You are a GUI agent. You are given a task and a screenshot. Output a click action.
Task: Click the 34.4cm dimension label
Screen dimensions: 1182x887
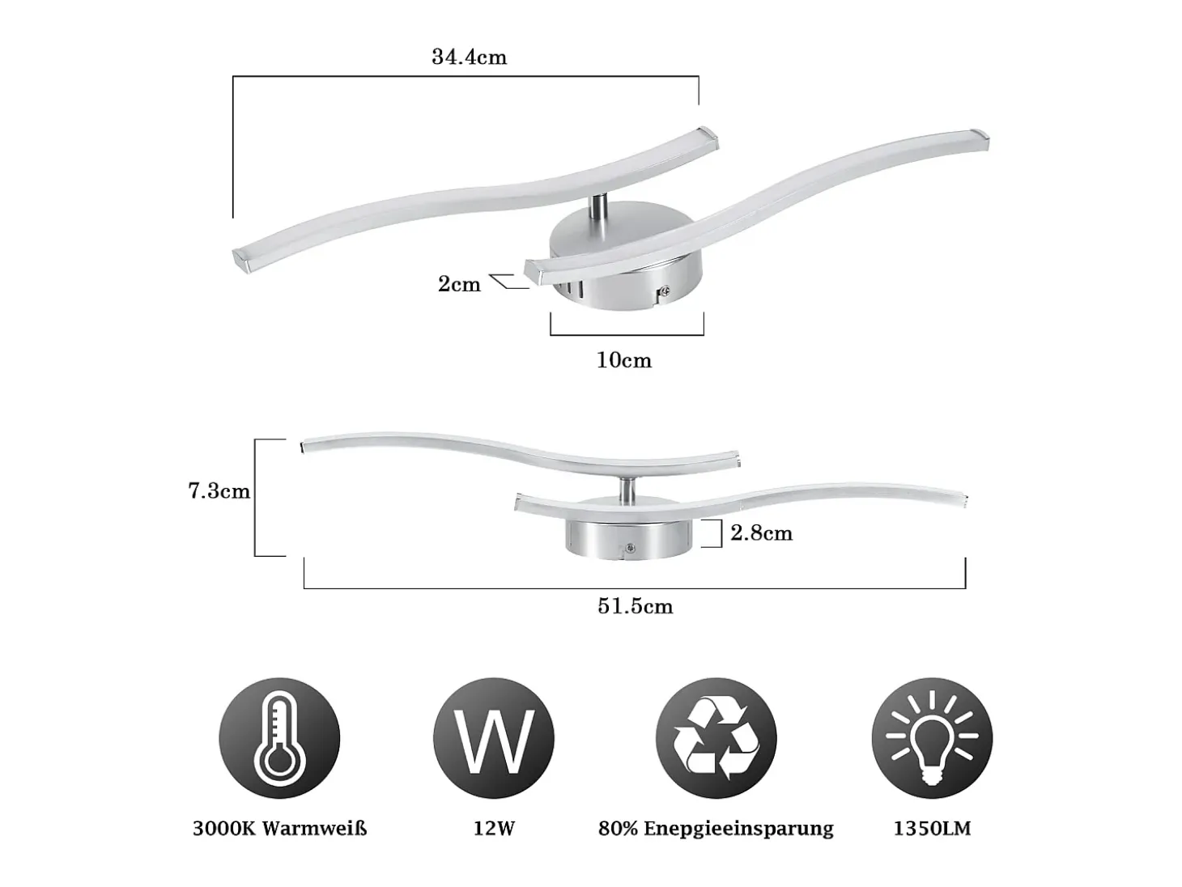[469, 57]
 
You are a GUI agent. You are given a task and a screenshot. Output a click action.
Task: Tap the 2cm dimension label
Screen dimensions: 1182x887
[459, 283]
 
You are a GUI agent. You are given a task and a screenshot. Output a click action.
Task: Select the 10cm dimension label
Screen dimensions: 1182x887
[624, 360]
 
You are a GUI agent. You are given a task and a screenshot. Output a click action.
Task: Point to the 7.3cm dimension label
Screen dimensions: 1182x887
[219, 491]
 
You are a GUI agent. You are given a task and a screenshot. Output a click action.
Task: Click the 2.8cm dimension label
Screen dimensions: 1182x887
[762, 533]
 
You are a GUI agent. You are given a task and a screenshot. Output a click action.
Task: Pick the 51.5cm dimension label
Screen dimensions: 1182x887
[636, 607]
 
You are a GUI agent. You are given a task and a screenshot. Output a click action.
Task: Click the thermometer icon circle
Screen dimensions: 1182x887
[279, 738]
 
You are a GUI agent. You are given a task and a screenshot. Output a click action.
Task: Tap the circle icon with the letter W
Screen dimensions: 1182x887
[494, 738]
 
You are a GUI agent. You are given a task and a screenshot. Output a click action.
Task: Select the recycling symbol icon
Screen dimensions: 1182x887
[716, 738]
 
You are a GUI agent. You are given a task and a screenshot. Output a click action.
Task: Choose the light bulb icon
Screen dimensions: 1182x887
[932, 738]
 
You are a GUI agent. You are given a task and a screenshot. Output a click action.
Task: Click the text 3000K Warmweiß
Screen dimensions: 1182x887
[280, 829]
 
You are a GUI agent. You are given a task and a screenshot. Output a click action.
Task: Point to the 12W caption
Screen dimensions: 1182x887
[495, 829]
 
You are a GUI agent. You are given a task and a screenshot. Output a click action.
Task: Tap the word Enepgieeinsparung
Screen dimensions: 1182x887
[739, 829]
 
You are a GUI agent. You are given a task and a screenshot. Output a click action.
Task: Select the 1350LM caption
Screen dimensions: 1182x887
[932, 829]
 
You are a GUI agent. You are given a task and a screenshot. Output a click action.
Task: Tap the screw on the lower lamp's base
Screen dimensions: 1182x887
[631, 549]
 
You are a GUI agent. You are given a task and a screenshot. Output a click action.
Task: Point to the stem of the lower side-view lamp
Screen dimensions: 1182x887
[626, 489]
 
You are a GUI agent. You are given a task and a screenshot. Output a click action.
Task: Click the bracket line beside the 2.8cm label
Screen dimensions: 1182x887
[721, 533]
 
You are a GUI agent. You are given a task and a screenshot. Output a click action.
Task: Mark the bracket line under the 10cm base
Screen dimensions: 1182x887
[627, 335]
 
